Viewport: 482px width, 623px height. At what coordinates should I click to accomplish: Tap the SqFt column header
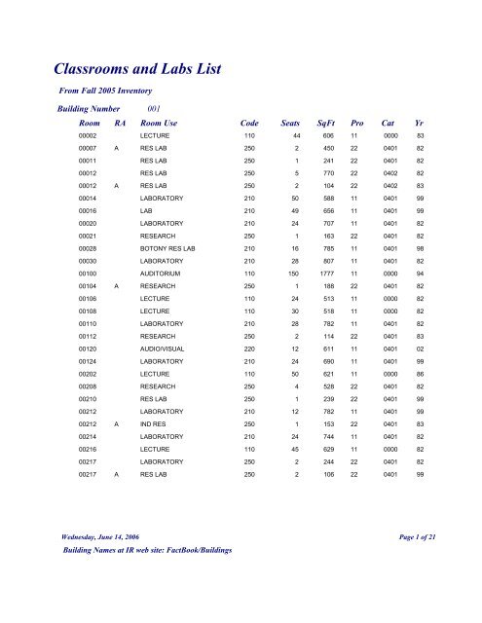pyautogui.click(x=334, y=125)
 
